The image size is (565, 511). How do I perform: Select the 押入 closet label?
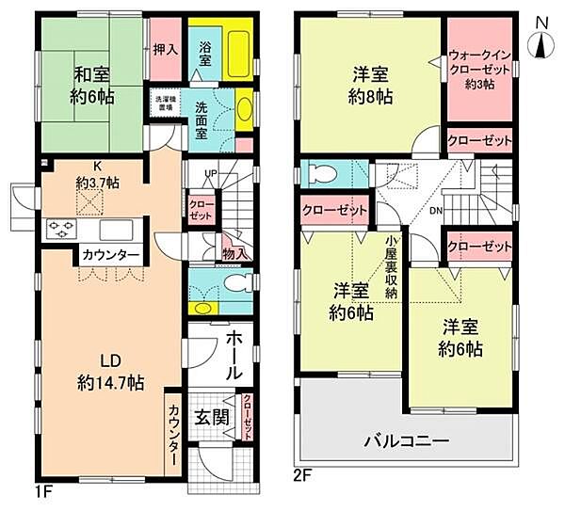(x=166, y=48)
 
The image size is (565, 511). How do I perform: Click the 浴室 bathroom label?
(x=204, y=53)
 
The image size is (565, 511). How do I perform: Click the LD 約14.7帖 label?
(x=108, y=372)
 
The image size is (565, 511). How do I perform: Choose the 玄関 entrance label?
(x=213, y=415)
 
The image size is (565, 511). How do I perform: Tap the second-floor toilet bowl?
(x=317, y=173)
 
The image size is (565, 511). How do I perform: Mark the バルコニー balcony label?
(x=407, y=440)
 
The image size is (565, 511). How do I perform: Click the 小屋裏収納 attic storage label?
(x=391, y=266)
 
